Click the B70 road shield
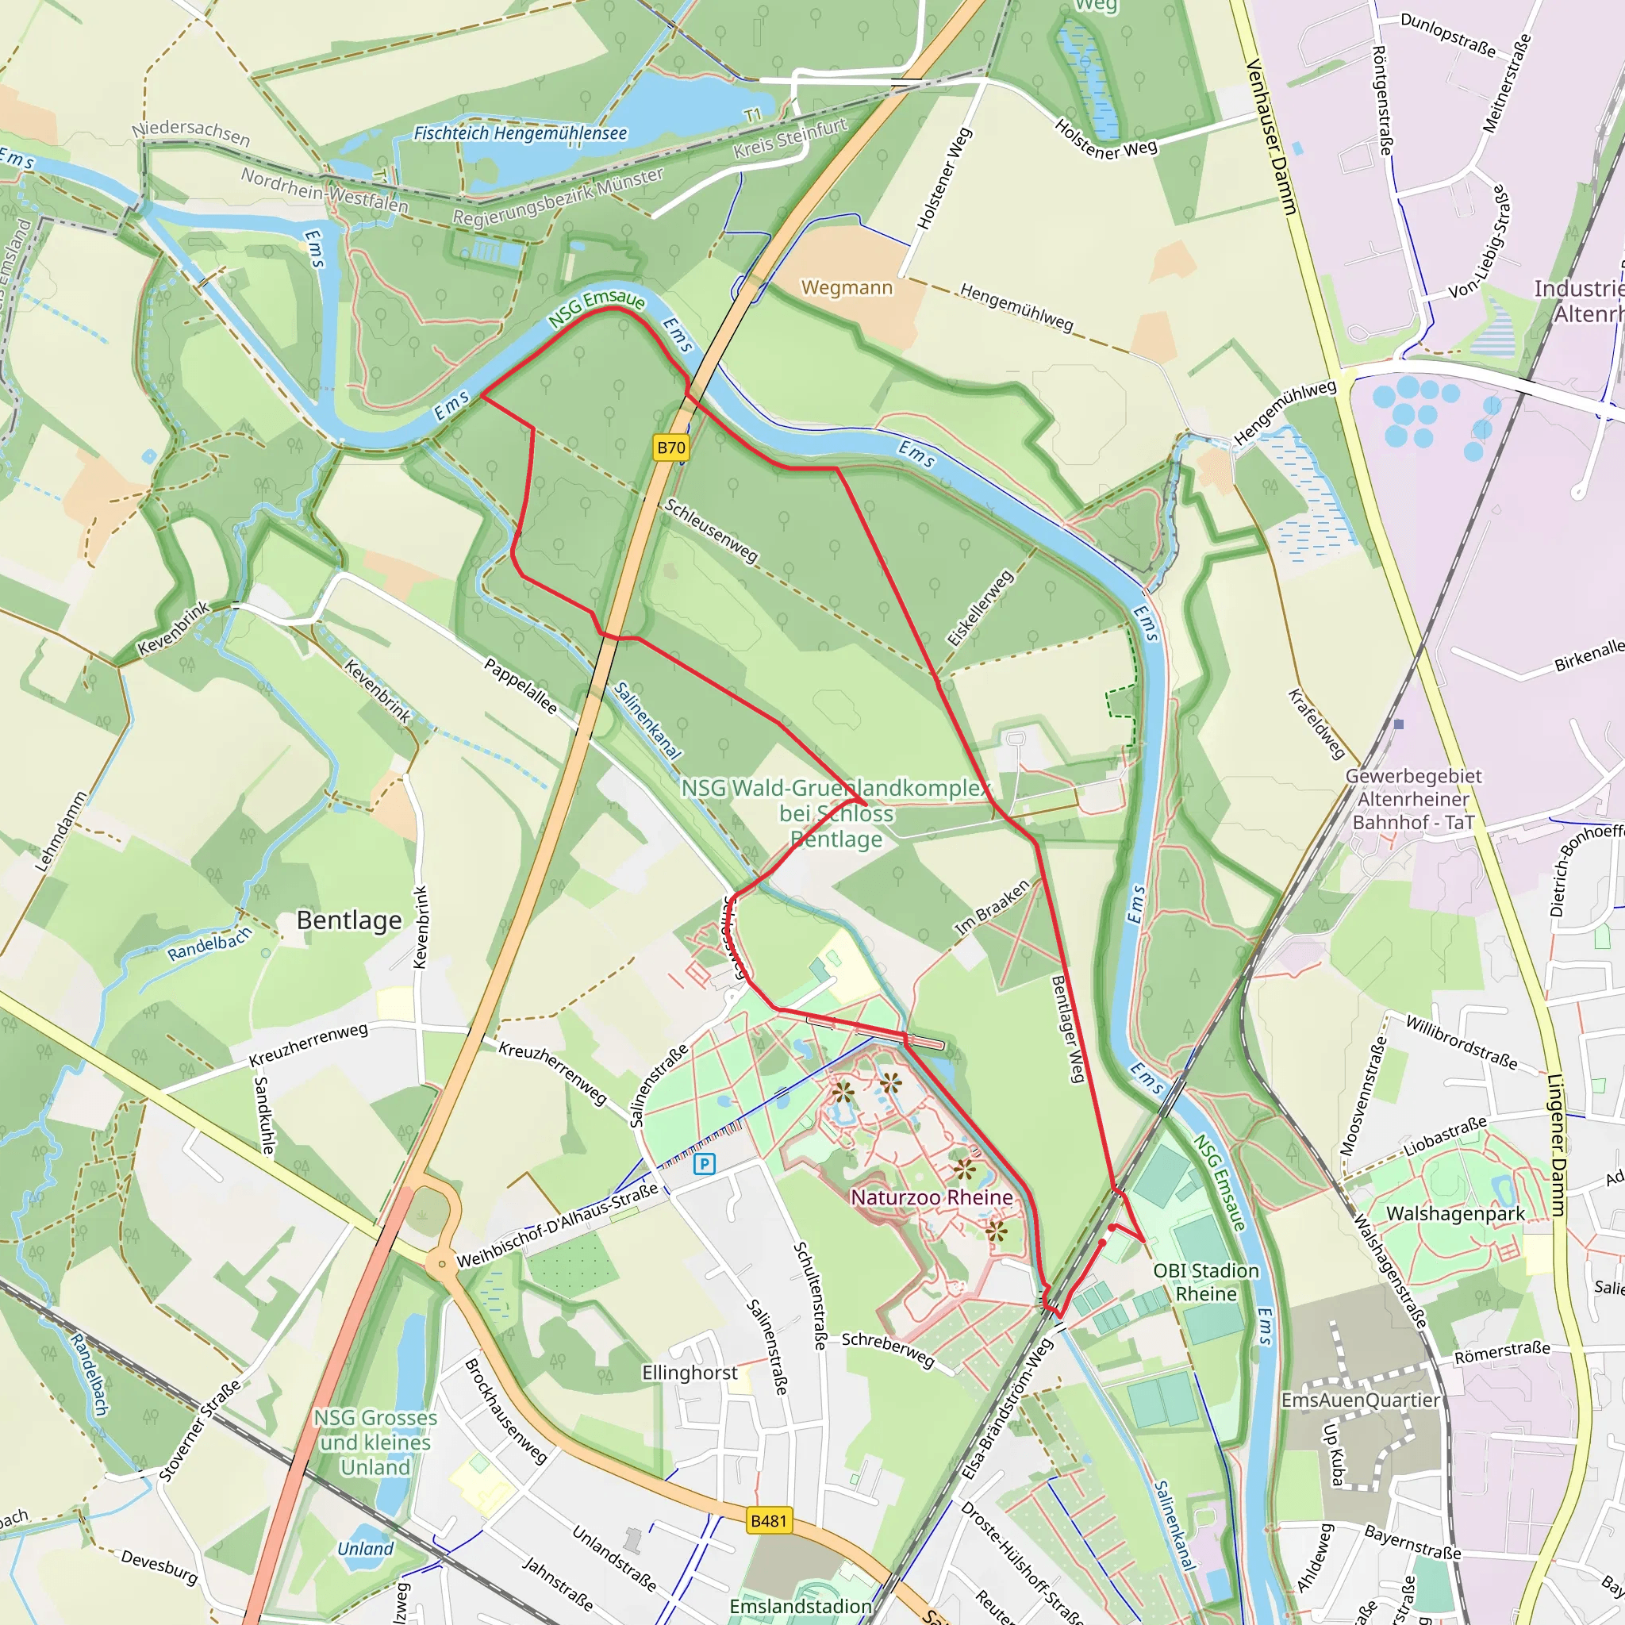coord(670,448)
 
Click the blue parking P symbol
coord(704,1164)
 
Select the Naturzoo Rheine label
coord(932,1197)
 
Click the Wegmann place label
coord(846,288)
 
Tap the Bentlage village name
coord(349,920)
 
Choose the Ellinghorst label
coord(690,1373)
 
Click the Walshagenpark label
coord(1455,1214)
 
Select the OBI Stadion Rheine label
coord(1206,1282)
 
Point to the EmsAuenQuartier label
coord(1360,1400)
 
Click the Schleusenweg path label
coord(712,531)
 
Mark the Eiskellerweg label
coord(980,608)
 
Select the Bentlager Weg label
coord(1068,1028)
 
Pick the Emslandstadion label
coord(800,1607)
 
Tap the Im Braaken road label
coord(992,909)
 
